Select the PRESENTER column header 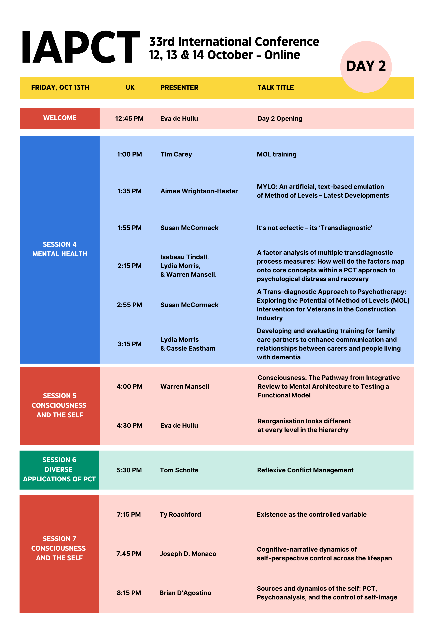179,88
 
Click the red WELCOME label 60,118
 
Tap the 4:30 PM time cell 129,425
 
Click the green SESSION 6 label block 59,470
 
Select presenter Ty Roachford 180,514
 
